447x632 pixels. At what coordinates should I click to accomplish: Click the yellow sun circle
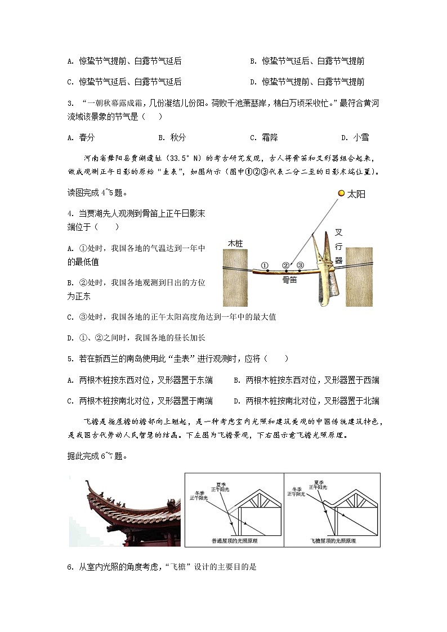(341, 194)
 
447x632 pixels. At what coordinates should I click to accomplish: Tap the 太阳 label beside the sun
(356, 194)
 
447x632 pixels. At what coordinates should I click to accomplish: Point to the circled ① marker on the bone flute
(265, 265)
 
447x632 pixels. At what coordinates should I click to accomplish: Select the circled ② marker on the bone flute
(286, 265)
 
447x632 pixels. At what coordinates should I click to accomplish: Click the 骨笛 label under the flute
(289, 279)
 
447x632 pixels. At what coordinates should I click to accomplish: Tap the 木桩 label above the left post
(235, 243)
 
